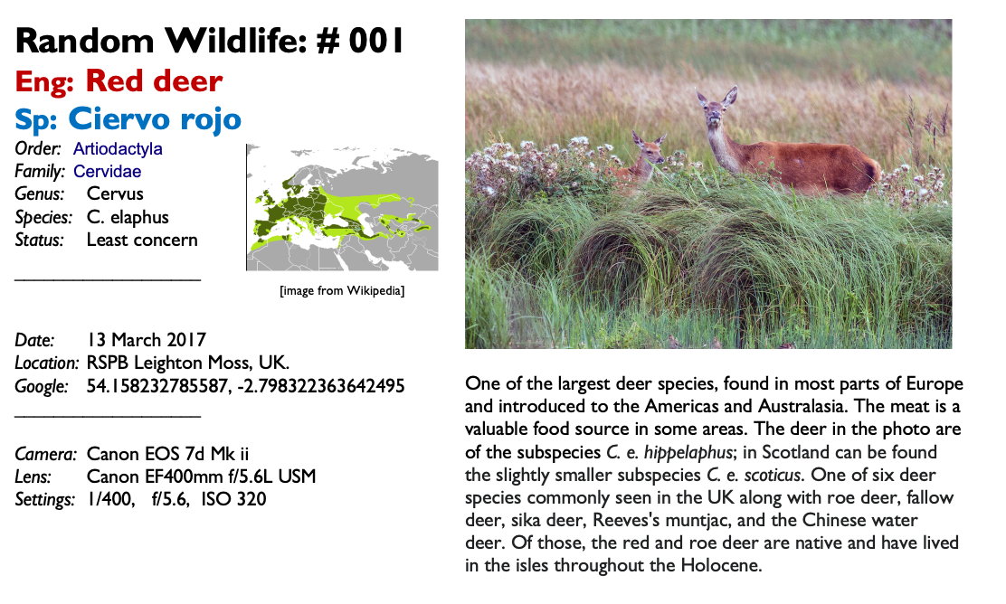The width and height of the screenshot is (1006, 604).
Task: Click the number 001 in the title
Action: (x=376, y=41)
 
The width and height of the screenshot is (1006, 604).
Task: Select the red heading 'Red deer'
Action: (x=154, y=80)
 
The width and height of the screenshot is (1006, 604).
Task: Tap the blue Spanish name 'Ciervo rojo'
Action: (x=155, y=118)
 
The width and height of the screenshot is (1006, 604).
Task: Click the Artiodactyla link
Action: (x=118, y=149)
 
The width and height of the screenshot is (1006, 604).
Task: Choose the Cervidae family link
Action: (x=107, y=171)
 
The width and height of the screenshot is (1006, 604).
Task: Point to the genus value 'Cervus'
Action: (x=115, y=193)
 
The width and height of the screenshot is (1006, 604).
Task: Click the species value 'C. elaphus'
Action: (x=128, y=217)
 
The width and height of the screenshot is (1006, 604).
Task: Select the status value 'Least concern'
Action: (x=142, y=240)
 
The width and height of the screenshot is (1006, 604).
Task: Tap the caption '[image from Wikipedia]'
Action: (x=342, y=291)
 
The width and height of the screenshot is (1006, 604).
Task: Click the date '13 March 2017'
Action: (x=147, y=340)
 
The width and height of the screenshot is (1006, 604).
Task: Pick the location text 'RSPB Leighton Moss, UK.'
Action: (x=188, y=363)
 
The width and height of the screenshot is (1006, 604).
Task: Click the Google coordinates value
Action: (x=246, y=386)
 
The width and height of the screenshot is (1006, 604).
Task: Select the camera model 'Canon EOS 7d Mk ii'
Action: (x=167, y=454)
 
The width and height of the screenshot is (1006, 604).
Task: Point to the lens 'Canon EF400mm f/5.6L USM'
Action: (x=202, y=477)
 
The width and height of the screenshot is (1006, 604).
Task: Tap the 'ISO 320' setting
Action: (x=233, y=499)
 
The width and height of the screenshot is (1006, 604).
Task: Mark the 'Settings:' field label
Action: (x=45, y=500)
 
